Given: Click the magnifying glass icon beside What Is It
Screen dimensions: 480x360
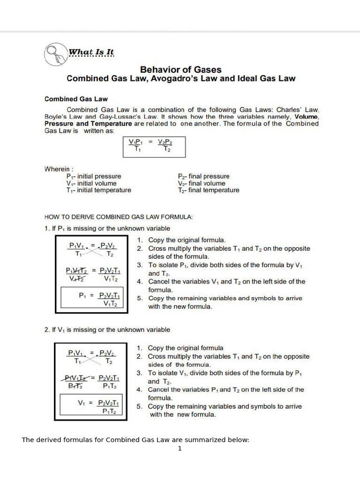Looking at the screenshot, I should pos(55,53).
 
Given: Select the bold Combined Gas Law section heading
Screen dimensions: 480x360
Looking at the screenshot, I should pos(76,99).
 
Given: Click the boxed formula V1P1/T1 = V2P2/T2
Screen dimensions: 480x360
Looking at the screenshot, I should pos(154,146).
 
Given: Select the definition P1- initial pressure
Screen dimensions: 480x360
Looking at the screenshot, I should pos(94,176).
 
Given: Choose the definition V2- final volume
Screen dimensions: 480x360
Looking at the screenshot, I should pos(202,183).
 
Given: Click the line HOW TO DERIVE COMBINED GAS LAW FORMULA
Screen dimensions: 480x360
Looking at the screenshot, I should pos(119,217).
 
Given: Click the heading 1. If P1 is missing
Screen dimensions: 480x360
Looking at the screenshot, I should pos(107,228).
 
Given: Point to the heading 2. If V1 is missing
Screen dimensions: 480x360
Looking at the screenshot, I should pos(107,330).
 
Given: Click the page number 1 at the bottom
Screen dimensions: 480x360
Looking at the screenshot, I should pos(180,449).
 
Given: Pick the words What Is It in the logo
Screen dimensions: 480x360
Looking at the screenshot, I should pos(91,52).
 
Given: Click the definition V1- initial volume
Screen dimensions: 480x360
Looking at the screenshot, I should pos(91,183).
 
